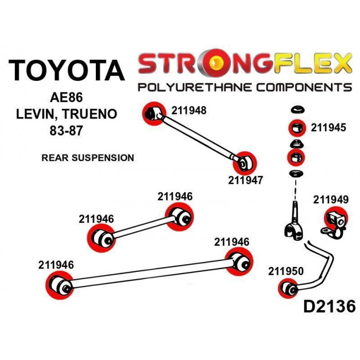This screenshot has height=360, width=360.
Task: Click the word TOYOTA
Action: pyautogui.click(x=66, y=71)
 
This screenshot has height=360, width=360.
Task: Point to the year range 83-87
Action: pyautogui.click(x=65, y=133)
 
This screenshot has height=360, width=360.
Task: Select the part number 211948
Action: pyautogui.click(x=188, y=110)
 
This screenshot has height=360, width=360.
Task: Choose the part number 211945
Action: pyautogui.click(x=328, y=128)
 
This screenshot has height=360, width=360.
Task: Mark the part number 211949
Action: pyautogui.click(x=331, y=200)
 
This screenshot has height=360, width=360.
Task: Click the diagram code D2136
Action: pyautogui.click(x=328, y=306)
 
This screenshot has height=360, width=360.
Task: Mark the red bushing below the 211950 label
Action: pyautogui.click(x=289, y=288)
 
